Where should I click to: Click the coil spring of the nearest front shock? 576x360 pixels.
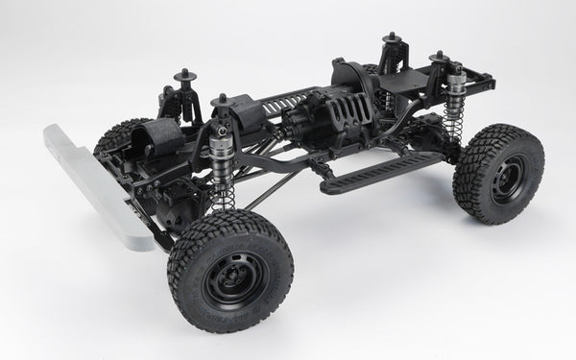tap(224, 191)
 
